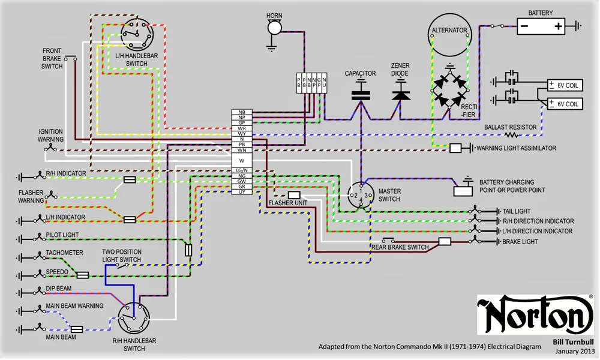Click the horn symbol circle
tap(274, 28)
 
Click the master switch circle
tap(361, 196)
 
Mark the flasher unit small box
tap(294, 195)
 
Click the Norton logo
tap(536, 314)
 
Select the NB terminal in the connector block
tap(242, 113)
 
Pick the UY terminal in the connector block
tap(242, 192)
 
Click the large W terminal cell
tap(242, 160)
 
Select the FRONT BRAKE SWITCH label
tap(52, 58)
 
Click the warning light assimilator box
tap(455, 148)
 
